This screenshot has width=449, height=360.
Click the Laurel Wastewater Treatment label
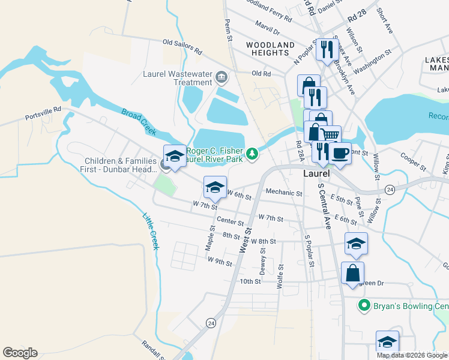pyautogui.click(x=177, y=78)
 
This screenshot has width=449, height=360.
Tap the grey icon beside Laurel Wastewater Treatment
pyautogui.click(x=221, y=77)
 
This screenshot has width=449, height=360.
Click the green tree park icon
pyautogui.click(x=253, y=154)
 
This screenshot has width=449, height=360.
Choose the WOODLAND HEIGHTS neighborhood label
pyautogui.click(x=270, y=49)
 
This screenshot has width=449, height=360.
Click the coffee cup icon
pyautogui.click(x=340, y=154)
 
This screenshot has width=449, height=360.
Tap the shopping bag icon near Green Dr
pyautogui.click(x=352, y=272)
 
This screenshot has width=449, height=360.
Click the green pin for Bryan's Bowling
pyautogui.click(x=363, y=306)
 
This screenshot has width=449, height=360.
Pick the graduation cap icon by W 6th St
pyautogui.click(x=215, y=187)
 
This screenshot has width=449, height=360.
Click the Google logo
pyautogui.click(x=20, y=353)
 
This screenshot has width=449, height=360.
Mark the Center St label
pyautogui.click(x=231, y=221)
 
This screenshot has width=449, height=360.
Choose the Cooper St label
pyautogui.click(x=413, y=161)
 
